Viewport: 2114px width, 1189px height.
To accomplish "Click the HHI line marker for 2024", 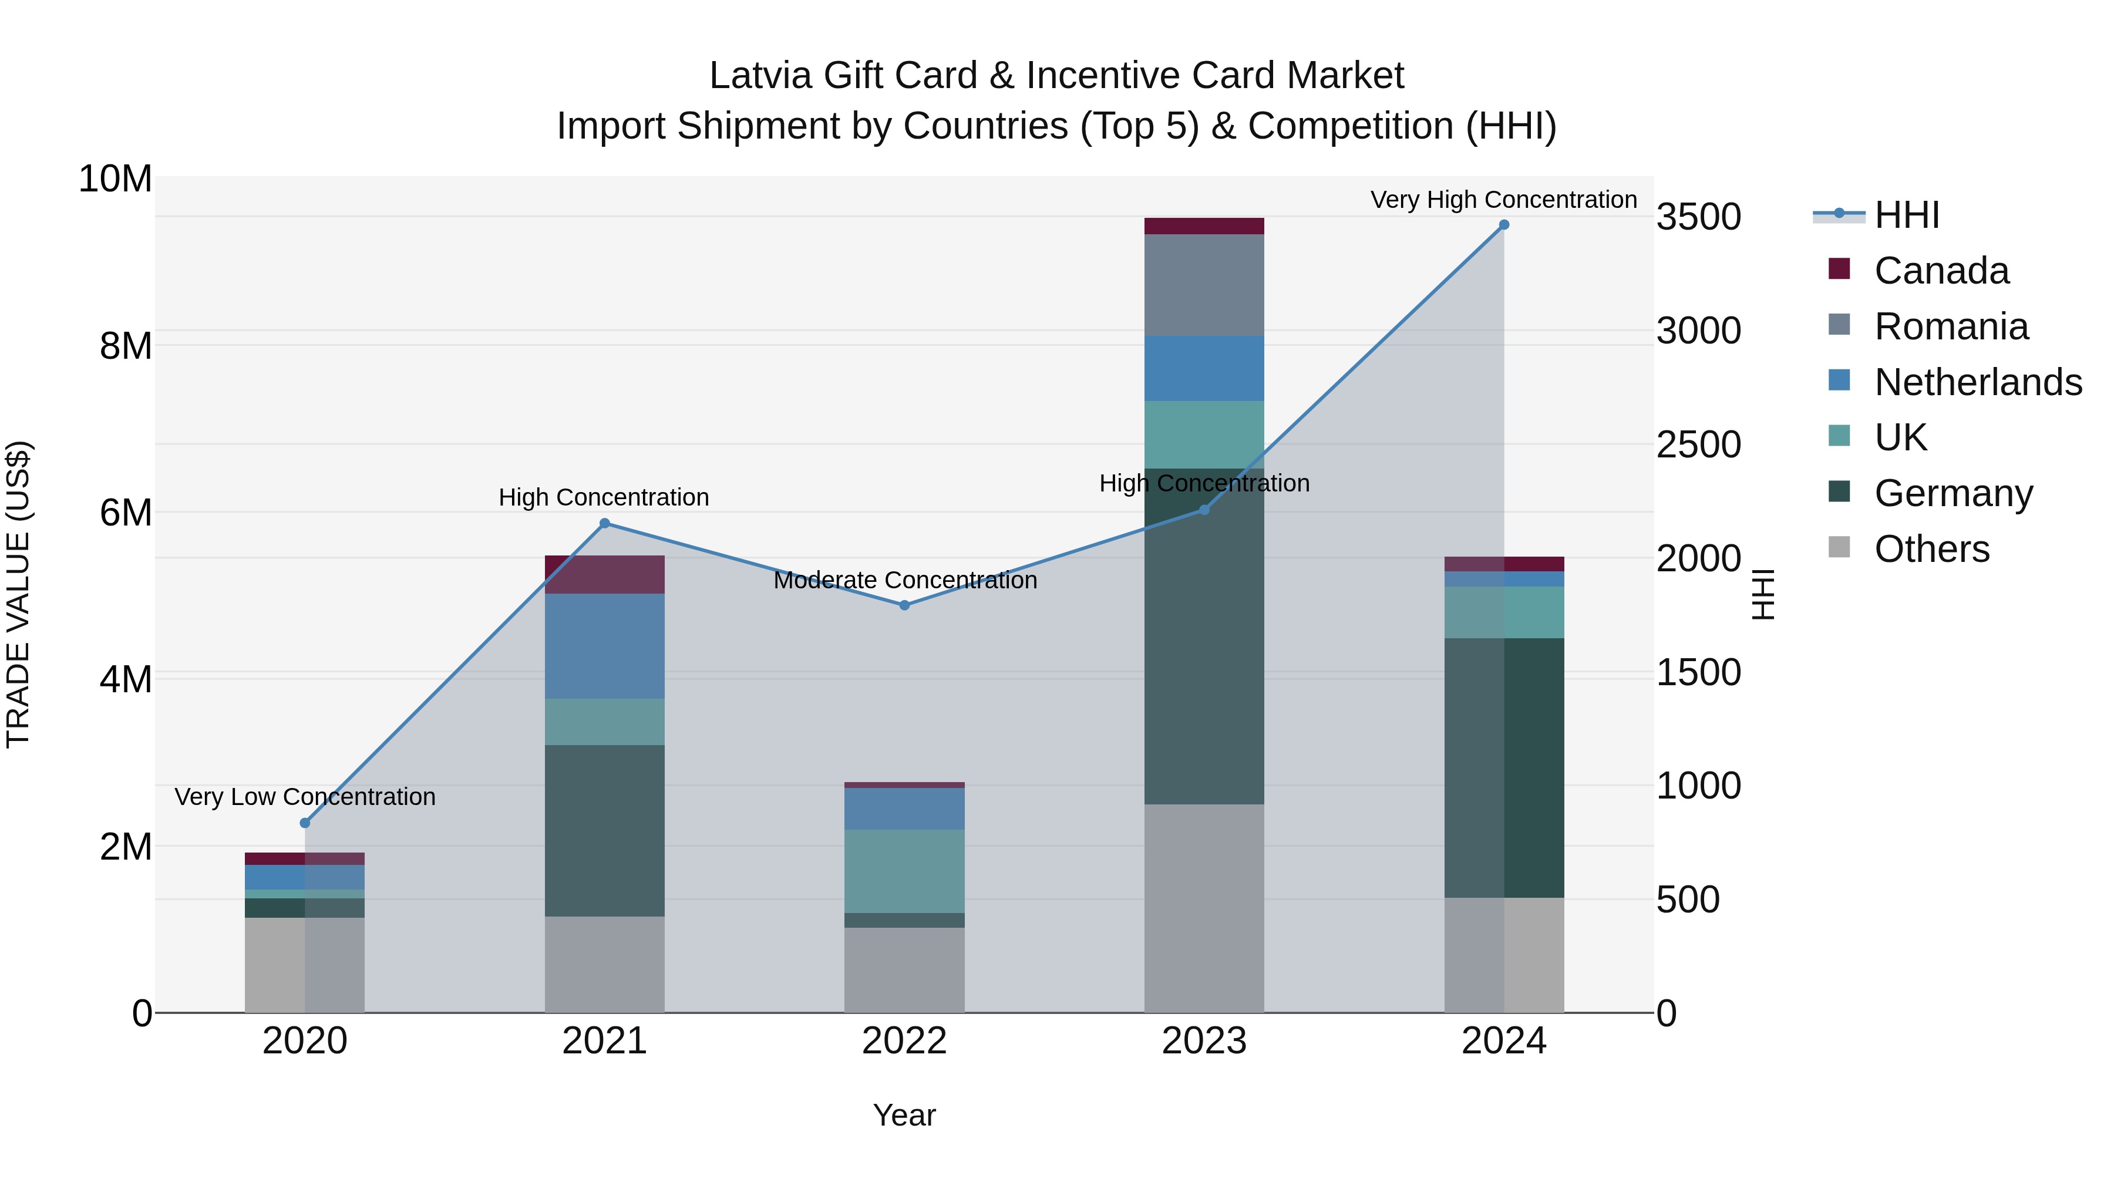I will click(x=1503, y=225).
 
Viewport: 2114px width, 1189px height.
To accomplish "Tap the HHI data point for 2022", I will click(x=904, y=605).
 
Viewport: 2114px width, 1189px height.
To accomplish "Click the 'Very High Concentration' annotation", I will click(x=1503, y=200).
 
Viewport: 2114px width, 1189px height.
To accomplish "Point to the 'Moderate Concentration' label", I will click(x=904, y=581).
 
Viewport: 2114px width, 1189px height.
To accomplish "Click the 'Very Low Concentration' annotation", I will click(x=305, y=797).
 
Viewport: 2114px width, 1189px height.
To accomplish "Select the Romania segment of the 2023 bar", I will click(x=1204, y=285).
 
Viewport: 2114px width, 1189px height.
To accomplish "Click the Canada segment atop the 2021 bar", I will click(x=605, y=574).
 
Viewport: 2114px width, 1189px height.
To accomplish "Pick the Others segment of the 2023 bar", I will click(x=1204, y=908).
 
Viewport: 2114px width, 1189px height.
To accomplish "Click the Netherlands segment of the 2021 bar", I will click(x=605, y=646).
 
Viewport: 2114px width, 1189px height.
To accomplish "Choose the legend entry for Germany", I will click(x=1953, y=494).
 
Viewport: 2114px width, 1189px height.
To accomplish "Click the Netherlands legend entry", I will click(x=1978, y=382).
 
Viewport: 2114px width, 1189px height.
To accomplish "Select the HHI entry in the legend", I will click(x=1906, y=215).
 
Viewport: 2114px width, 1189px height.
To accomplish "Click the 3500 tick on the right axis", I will click(x=1698, y=217).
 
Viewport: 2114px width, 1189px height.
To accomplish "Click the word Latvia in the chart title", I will click(x=760, y=76).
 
